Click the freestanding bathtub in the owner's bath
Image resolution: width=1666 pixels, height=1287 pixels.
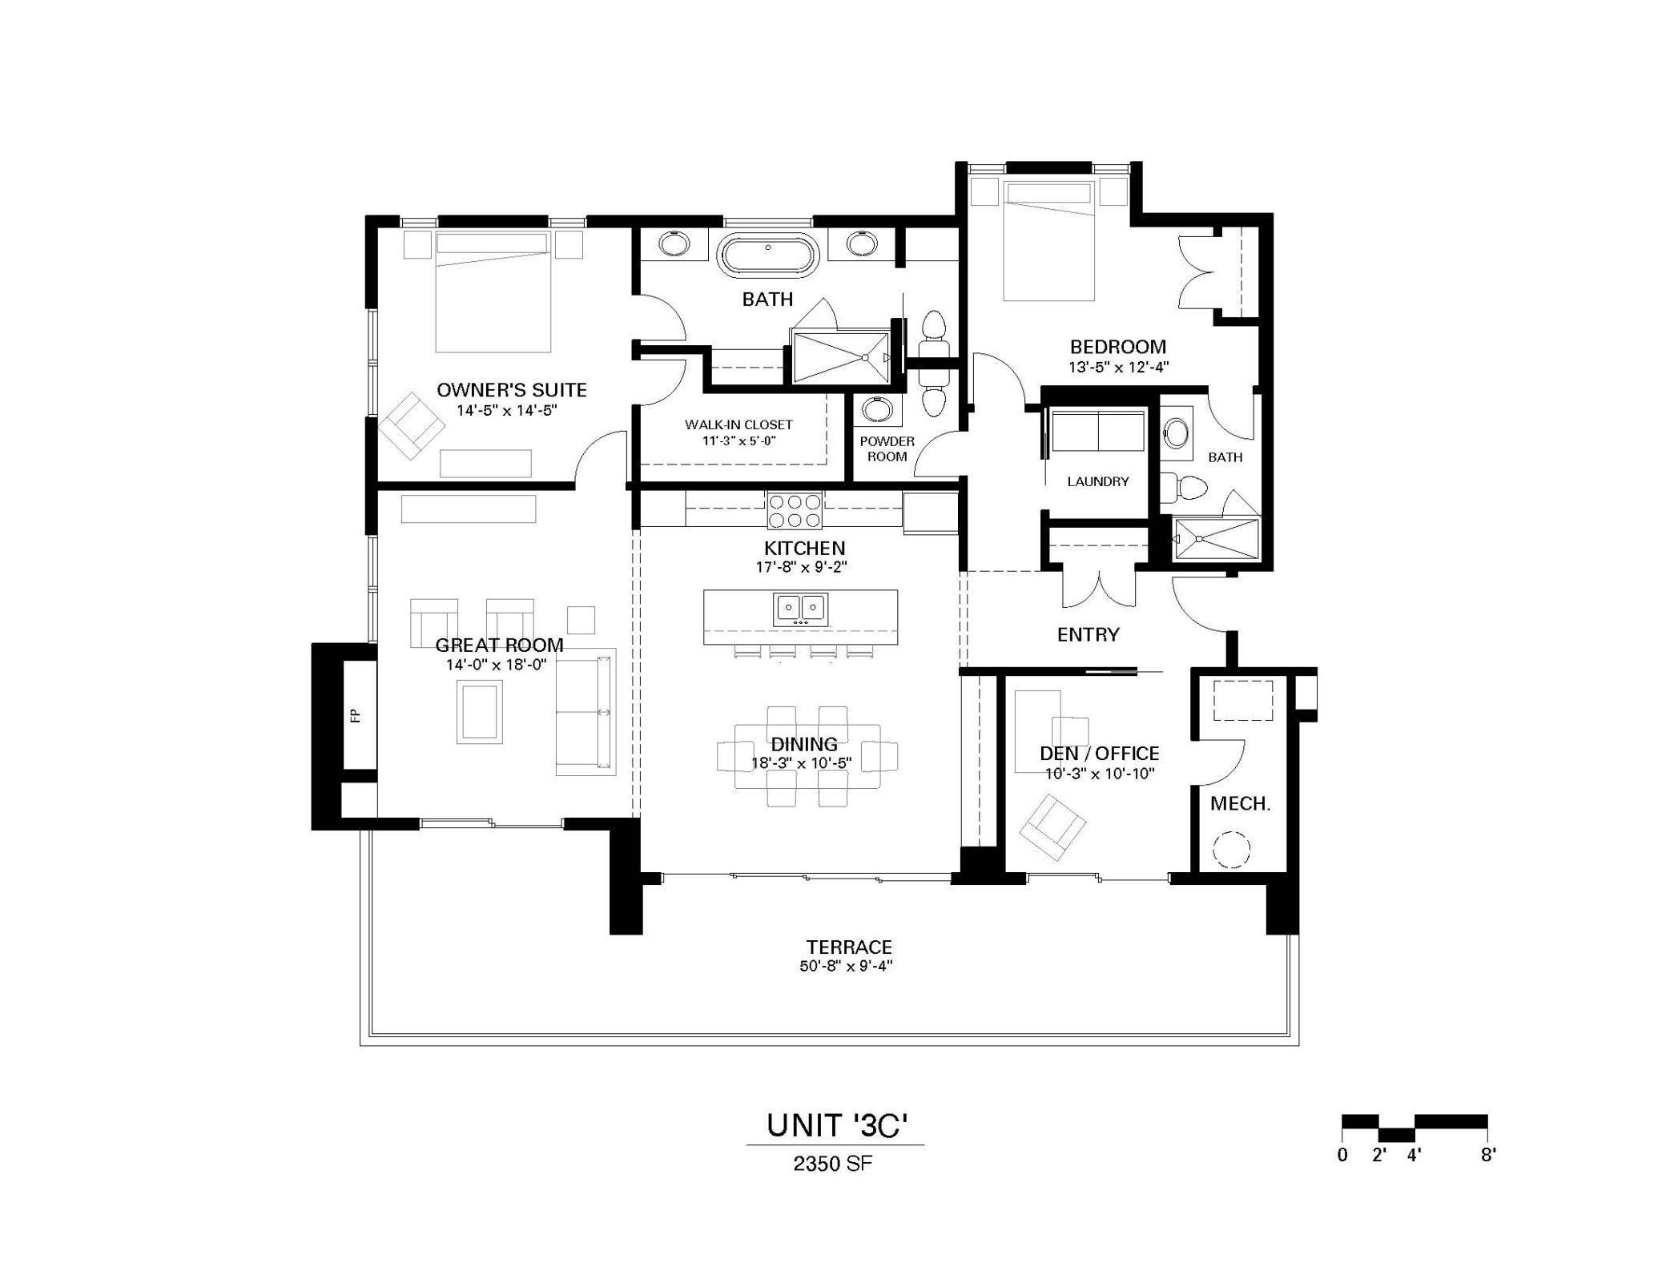point(768,255)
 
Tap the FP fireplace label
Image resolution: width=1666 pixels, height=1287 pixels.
point(356,715)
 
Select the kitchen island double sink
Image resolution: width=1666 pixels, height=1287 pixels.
point(800,609)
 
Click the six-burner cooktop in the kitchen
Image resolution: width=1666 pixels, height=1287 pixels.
point(795,511)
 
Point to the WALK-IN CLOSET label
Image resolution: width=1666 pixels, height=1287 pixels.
point(738,424)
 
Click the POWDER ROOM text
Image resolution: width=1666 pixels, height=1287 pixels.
point(887,448)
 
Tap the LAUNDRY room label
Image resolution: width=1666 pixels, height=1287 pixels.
point(1097,481)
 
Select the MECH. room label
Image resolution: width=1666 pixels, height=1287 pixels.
point(1240,803)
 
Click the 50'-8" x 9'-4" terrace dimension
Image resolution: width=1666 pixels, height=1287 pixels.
point(846,966)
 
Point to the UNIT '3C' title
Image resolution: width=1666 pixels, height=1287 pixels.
point(836,1125)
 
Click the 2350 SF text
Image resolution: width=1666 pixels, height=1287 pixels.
point(832,1164)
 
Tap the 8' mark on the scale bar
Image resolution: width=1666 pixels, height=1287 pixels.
point(1487,1155)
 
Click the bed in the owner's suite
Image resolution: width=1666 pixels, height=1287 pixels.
point(493,292)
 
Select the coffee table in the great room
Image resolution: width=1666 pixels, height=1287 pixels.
point(480,711)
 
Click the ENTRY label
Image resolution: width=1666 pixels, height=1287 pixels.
point(1088,635)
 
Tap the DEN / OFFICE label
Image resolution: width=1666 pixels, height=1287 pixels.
point(1099,753)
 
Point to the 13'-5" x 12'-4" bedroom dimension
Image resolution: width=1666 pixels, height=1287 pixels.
point(1118,368)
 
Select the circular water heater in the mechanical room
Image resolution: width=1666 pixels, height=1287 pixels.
point(1231,850)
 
